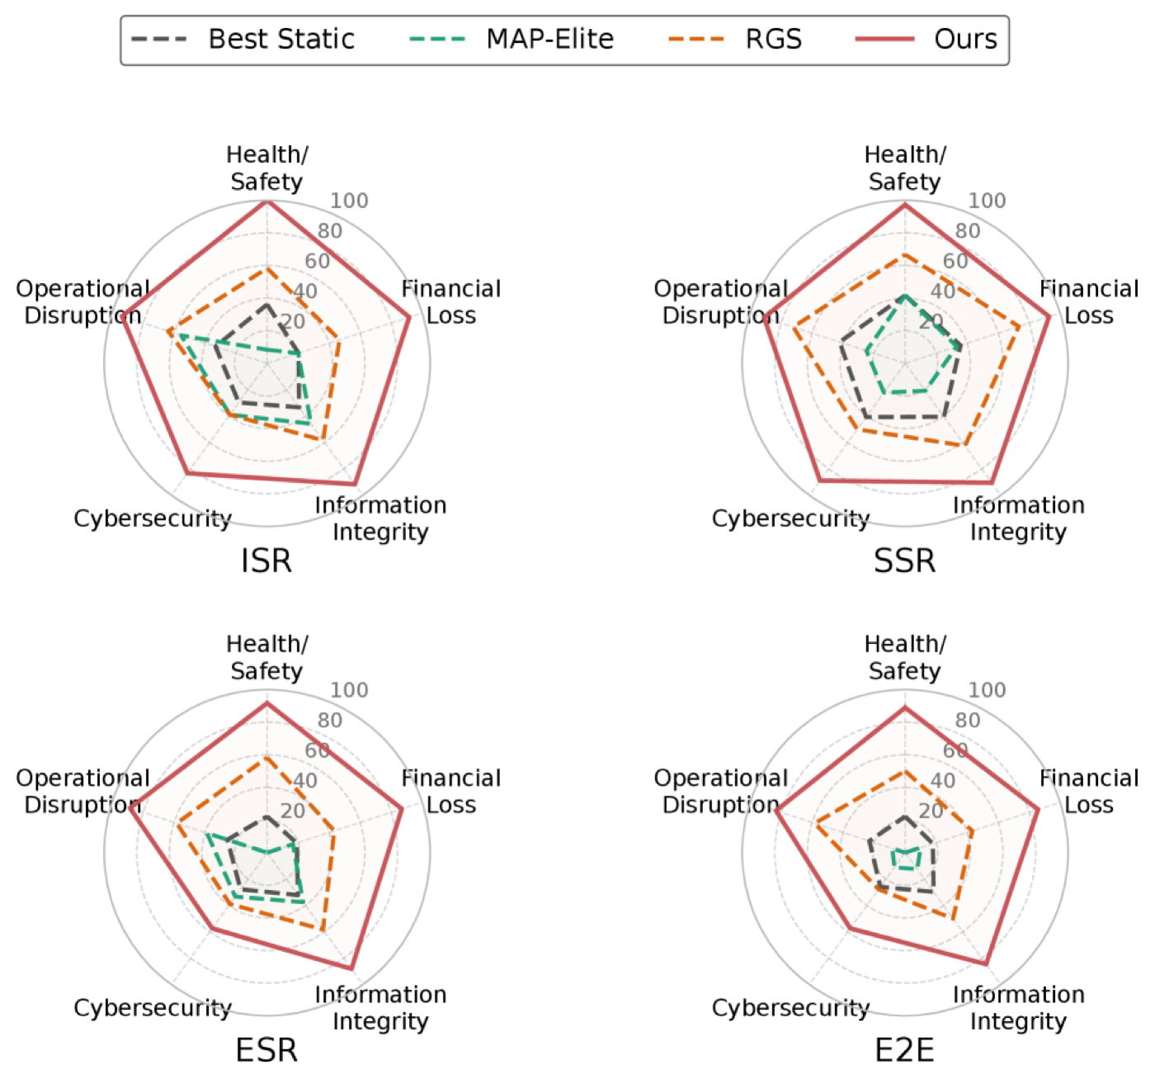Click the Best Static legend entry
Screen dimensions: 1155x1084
click(x=243, y=40)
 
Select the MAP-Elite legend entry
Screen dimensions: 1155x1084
click(x=511, y=40)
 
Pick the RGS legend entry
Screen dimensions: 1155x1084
click(x=736, y=40)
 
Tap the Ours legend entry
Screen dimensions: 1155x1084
click(x=927, y=40)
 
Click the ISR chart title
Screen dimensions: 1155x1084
click(x=266, y=561)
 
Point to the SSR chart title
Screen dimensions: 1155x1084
click(x=905, y=561)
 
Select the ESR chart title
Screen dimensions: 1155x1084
click(x=266, y=1051)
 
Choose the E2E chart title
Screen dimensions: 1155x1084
click(x=905, y=1051)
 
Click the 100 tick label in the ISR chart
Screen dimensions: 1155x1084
click(x=349, y=201)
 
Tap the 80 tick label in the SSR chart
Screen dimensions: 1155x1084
click(x=968, y=231)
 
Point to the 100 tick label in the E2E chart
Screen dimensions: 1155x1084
click(x=987, y=690)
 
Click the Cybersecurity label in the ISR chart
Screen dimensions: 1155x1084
click(x=153, y=518)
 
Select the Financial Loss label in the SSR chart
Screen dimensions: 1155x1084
click(x=1089, y=302)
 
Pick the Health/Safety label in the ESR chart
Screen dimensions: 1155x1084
click(x=267, y=658)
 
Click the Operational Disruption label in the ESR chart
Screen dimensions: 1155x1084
click(x=82, y=792)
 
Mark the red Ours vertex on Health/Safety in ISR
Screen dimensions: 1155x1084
click(x=267, y=201)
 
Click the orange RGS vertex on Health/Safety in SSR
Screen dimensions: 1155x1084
click(x=905, y=255)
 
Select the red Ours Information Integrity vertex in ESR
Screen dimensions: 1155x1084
click(x=351, y=968)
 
